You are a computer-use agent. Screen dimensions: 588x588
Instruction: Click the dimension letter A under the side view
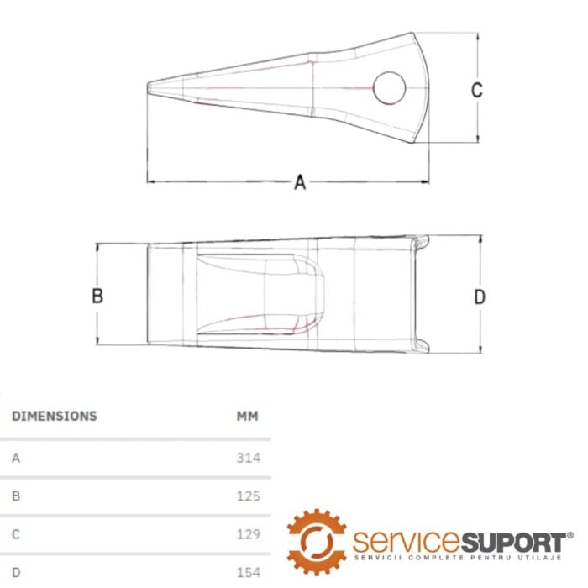[300, 182]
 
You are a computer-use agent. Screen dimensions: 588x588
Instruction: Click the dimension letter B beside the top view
[97, 296]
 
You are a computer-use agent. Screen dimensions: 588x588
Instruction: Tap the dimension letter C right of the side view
[476, 90]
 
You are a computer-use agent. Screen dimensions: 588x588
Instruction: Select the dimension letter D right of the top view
[480, 297]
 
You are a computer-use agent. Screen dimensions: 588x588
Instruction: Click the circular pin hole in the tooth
[390, 88]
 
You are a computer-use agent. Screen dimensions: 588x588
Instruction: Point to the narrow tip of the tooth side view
[148, 87]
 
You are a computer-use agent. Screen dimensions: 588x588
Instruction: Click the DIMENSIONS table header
[55, 416]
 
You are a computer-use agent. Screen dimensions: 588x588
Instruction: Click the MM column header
[248, 416]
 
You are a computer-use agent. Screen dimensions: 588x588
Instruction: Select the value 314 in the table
[249, 458]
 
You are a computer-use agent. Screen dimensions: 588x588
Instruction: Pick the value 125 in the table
[249, 496]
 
